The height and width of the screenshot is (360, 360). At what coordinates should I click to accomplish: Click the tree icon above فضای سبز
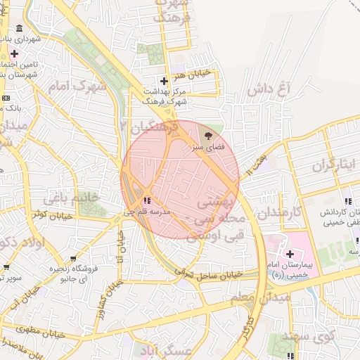pos(207,136)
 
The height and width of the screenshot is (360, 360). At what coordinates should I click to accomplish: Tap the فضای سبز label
pos(207,148)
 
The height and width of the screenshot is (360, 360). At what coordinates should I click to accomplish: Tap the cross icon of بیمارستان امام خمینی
pos(289,253)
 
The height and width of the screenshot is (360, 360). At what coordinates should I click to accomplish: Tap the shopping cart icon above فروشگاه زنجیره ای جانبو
pos(7,267)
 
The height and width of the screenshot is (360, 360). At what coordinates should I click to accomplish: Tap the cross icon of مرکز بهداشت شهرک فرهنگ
pos(165,81)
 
